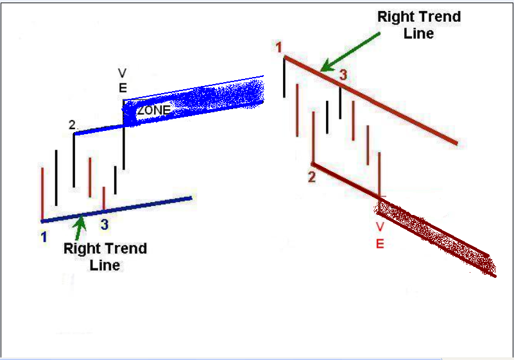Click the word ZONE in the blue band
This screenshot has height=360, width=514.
tap(154, 110)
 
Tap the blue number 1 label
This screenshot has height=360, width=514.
tap(44, 237)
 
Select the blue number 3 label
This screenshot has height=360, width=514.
tap(105, 225)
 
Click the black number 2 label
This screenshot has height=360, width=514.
tap(72, 124)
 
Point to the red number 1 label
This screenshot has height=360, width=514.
tap(278, 47)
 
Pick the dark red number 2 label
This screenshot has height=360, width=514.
tap(312, 177)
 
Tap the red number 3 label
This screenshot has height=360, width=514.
tap(343, 75)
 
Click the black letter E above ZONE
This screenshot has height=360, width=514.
tap(123, 88)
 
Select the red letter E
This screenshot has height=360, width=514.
tap(380, 244)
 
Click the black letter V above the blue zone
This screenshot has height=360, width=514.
tap(123, 73)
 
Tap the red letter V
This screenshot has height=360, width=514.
tap(380, 227)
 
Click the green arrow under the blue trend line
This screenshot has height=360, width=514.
tap(80, 228)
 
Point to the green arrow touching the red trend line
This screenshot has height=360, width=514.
tap(350, 52)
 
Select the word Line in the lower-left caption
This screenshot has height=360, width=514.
tap(105, 265)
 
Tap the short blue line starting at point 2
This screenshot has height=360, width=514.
tap(99, 129)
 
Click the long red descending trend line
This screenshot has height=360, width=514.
tap(371, 100)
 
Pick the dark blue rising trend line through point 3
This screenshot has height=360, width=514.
tap(116, 209)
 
